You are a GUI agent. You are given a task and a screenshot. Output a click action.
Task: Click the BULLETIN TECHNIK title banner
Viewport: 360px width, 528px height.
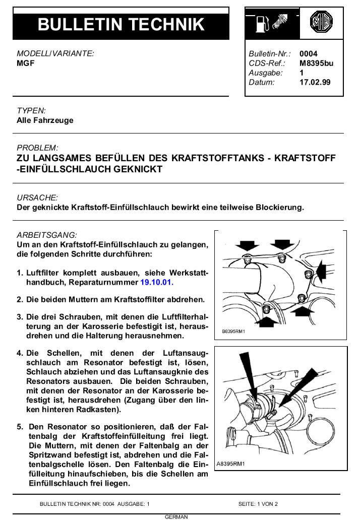121,24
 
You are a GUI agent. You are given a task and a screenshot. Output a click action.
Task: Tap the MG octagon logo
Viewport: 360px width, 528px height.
321,23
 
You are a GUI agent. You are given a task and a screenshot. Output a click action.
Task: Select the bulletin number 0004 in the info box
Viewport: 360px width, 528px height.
309,54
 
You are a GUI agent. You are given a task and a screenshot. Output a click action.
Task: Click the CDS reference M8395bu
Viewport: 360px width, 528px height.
316,63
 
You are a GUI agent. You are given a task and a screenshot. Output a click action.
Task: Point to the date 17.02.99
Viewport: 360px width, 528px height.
315,82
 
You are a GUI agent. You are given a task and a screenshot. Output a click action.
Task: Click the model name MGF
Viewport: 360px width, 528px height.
25,63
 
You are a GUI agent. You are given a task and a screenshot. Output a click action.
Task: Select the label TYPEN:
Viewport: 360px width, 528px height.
31,110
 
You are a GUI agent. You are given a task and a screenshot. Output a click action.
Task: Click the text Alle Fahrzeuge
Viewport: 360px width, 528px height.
45,120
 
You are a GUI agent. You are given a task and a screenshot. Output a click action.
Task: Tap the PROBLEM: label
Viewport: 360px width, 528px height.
37,148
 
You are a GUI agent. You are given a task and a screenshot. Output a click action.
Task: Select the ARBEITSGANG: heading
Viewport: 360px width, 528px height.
47,235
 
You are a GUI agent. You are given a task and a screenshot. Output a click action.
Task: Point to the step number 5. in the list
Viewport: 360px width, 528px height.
20,426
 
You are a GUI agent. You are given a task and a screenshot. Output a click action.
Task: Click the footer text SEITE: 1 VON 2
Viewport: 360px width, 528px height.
258,504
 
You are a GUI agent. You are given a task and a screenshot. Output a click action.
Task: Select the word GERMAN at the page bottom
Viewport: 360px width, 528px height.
176,517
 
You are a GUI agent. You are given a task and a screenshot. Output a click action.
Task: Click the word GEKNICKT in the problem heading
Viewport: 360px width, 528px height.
138,169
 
